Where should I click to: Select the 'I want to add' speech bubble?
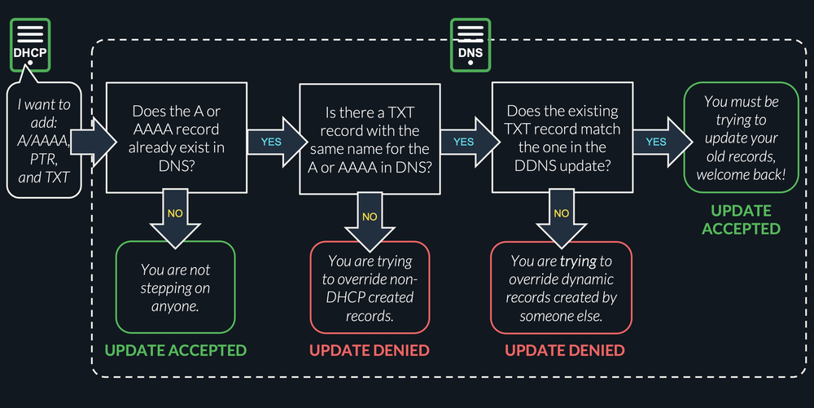point(45,140)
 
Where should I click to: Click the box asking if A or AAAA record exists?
point(176,138)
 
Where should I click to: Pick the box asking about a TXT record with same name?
point(370,138)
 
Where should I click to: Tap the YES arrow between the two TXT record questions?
point(463,140)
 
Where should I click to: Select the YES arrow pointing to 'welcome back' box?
point(656,140)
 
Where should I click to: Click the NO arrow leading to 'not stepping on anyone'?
point(175,215)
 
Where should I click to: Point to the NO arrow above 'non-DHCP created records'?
point(370,217)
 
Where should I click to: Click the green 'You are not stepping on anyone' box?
point(176,287)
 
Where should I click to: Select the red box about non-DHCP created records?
point(370,288)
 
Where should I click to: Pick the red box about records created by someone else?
point(561,288)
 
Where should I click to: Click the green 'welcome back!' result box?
point(741,138)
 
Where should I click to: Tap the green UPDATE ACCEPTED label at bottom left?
point(176,351)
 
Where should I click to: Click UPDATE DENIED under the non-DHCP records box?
point(370,351)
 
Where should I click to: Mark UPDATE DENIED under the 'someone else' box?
point(564,351)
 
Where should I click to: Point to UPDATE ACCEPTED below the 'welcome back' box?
point(741,220)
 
